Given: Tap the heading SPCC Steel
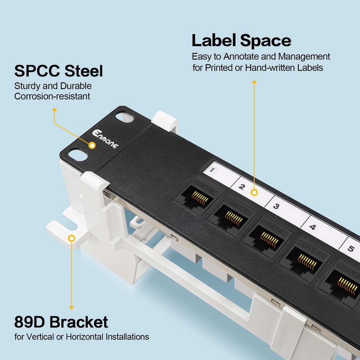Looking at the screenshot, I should [58, 71].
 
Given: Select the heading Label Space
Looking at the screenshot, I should [241, 40].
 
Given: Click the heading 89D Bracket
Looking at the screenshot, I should [61, 322].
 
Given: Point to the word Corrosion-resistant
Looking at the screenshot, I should [52, 96].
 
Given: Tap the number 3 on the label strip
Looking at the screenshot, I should [276, 207].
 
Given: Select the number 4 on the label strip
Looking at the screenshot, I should [312, 227].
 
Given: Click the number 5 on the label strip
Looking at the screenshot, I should [351, 248].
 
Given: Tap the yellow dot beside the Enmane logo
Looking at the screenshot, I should [92, 145].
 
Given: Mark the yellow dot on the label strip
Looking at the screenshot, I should [255, 193].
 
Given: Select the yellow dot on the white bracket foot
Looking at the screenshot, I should [72, 238].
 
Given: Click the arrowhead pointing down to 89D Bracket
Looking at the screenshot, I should [72, 307].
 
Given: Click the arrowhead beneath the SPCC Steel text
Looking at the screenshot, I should [54, 109].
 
